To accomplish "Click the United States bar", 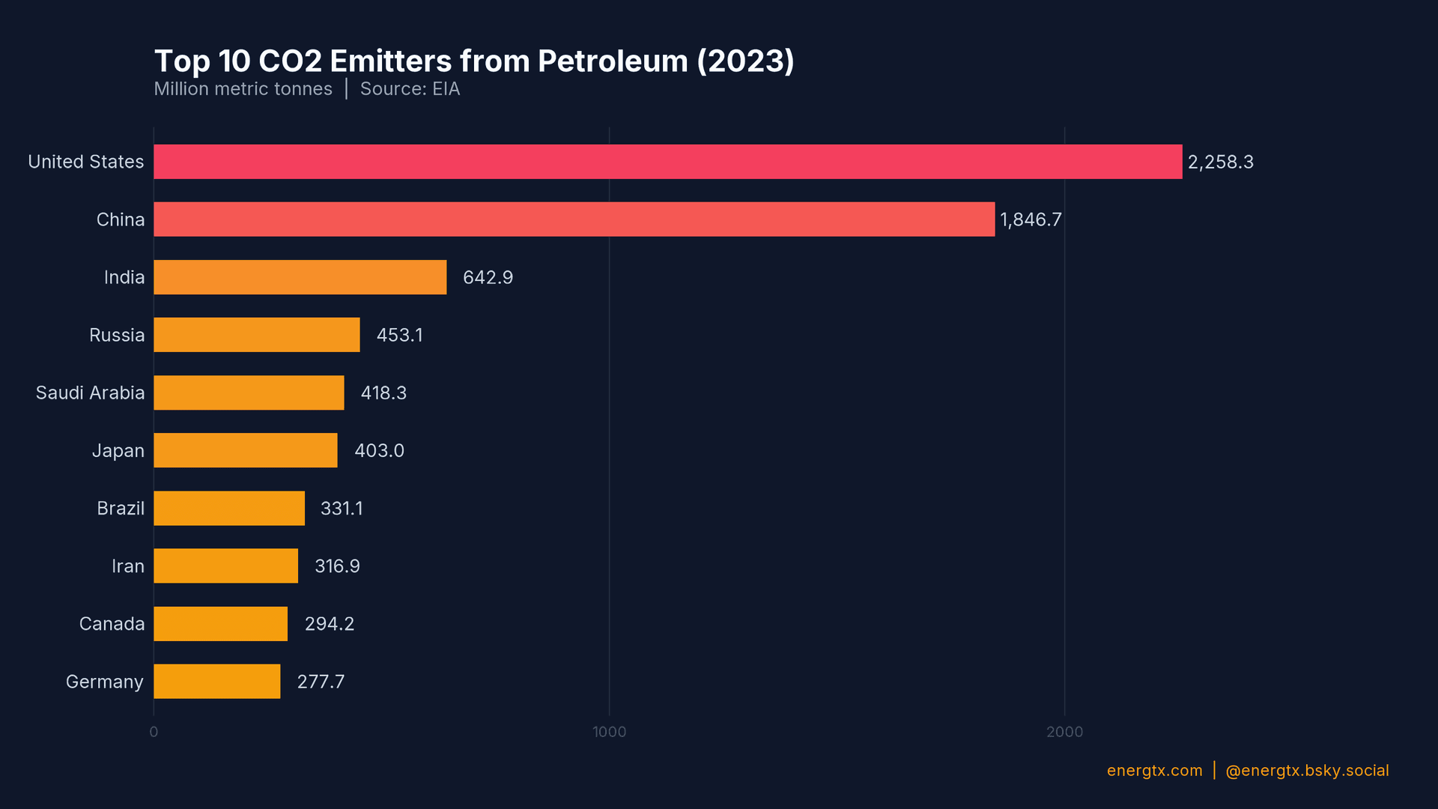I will (x=667, y=162).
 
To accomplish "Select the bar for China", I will (x=574, y=219).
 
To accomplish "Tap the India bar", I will (x=300, y=277).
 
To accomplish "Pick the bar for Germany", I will (x=216, y=682).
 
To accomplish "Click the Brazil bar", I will (x=229, y=509).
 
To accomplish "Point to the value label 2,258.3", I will (x=1220, y=163).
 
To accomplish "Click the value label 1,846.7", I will (x=1031, y=220).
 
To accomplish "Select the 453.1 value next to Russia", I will (x=399, y=336).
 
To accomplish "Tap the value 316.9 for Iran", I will (x=337, y=566).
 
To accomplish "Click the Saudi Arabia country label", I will (x=90, y=393).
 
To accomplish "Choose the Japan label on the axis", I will (x=118, y=451).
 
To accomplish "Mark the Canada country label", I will (x=112, y=624).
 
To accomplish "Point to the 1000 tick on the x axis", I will (x=609, y=732).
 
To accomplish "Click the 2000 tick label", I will (x=1064, y=732).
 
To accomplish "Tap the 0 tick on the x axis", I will (x=154, y=732).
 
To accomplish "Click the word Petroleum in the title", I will (x=612, y=61).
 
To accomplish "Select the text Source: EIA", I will (x=410, y=89).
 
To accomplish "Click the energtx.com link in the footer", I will (x=1154, y=771).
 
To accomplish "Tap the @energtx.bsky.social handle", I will (x=1307, y=771).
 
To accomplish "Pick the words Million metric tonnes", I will (x=243, y=89).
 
